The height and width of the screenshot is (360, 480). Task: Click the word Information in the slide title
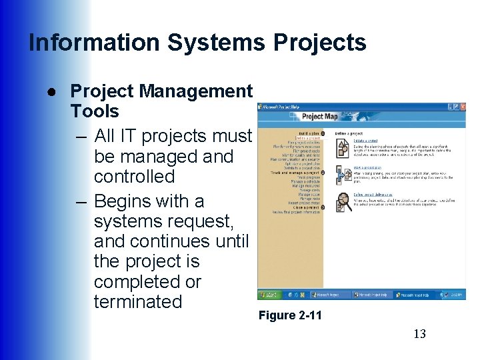coord(95,43)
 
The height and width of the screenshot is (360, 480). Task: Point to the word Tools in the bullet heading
coord(95,111)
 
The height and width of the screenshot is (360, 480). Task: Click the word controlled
coord(134,177)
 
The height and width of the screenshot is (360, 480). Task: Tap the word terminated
coord(138,301)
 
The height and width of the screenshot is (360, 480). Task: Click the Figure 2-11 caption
coord(289,315)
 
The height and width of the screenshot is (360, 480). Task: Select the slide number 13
coord(419,334)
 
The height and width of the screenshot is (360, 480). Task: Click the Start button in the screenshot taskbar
coord(270,295)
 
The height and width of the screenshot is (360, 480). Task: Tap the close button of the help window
coord(461,107)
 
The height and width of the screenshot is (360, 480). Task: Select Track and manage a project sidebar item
coord(296,173)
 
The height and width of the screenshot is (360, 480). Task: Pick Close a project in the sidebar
coord(306,207)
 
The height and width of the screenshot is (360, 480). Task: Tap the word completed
coord(136,281)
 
